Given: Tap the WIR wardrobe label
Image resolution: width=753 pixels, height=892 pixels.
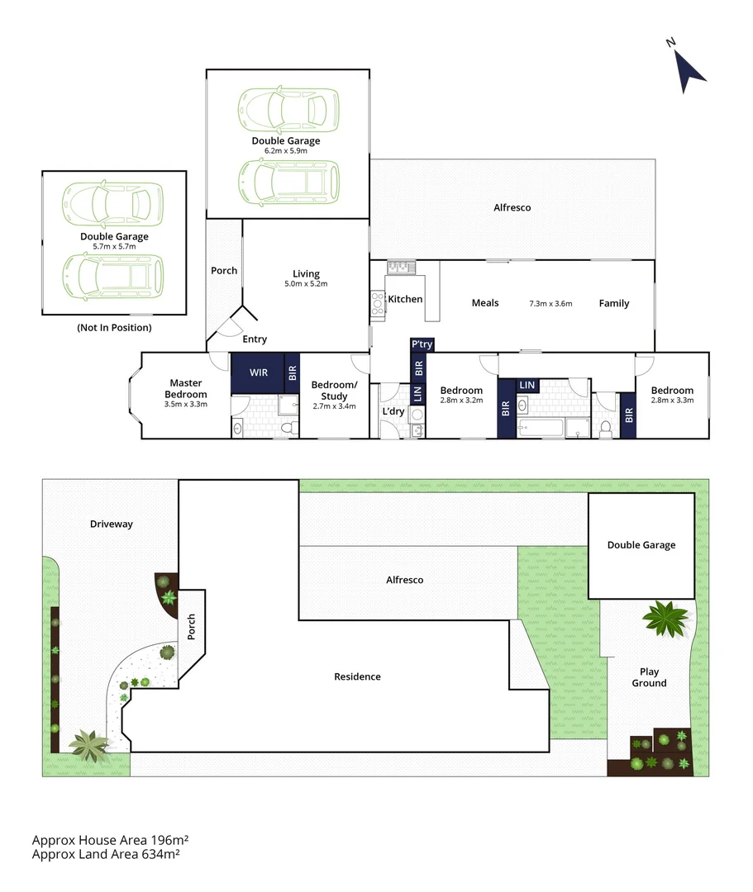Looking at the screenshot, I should pos(260,372).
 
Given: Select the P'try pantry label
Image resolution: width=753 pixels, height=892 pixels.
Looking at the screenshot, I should pos(422,344).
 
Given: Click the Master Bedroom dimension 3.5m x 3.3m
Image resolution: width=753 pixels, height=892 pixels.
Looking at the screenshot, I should pos(186,404).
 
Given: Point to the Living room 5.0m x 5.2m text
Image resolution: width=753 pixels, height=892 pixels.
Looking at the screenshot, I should pos(306,284).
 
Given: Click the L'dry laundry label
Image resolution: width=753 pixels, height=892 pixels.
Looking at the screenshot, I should pos(392,410).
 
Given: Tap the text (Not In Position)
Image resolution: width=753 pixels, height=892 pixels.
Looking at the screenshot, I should pos(114,327).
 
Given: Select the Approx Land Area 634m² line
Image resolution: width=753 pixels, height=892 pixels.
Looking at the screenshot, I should pos(106,854).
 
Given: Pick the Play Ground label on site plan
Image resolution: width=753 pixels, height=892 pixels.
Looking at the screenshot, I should pos(649,677).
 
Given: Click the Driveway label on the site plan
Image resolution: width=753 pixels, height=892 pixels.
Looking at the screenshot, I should pos(112,524).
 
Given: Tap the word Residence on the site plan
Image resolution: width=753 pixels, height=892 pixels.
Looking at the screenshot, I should pos(357,676).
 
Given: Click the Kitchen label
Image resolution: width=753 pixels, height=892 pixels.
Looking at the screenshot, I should pos(405,299).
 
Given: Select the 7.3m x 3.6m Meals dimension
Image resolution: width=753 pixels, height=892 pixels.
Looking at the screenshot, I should pos(550,303).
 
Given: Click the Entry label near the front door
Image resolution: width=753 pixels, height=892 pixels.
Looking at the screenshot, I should pos(255,339).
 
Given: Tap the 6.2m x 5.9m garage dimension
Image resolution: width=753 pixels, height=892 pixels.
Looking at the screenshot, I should pos(285,151).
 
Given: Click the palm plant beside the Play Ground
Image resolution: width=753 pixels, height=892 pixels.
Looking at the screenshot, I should pos(665,617).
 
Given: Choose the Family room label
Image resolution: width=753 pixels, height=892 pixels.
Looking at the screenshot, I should pos(614,303).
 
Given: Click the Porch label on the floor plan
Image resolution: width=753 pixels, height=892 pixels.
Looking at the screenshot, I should pos(224,270).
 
